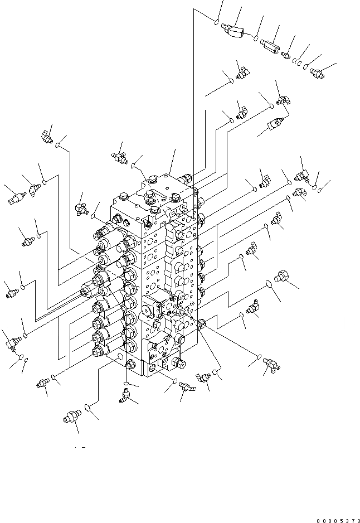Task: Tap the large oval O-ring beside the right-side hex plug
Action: click(269, 283)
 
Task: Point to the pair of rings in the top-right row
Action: click(299, 63)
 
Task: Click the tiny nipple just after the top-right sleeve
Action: click(286, 54)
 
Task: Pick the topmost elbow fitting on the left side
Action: click(47, 135)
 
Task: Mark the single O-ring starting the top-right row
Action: click(216, 22)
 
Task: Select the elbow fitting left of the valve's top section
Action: click(80, 208)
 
